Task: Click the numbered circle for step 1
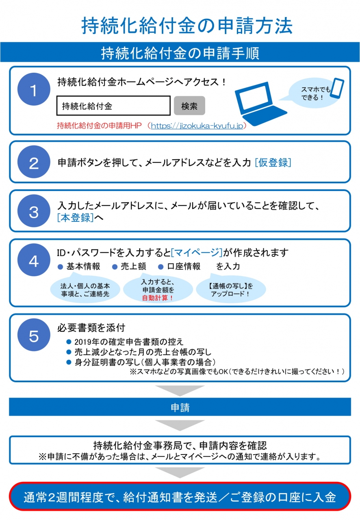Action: pyautogui.click(x=34, y=89)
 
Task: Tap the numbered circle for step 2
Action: pyautogui.click(x=34, y=162)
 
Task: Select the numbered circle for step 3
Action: pyautogui.click(x=34, y=211)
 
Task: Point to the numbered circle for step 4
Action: pyautogui.click(x=34, y=260)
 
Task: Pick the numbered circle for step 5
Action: pyautogui.click(x=34, y=335)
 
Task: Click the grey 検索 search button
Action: pyautogui.click(x=189, y=106)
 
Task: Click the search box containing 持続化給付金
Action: pyautogui.click(x=114, y=106)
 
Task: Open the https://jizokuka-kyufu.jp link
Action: pyautogui.click(x=197, y=126)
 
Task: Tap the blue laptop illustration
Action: pyautogui.click(x=260, y=103)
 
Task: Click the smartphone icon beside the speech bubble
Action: pyautogui.click(x=338, y=88)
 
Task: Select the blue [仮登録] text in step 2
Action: pyautogui.click(x=273, y=162)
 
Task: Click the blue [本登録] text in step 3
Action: pyautogui.click(x=76, y=217)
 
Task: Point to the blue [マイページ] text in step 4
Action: pyautogui.click(x=197, y=253)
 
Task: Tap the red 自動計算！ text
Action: pyautogui.click(x=158, y=298)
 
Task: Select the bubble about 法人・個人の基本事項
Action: pyautogui.click(x=85, y=289)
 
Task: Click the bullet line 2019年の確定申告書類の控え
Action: pyautogui.click(x=125, y=342)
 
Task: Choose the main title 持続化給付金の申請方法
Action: pyautogui.click(x=187, y=26)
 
